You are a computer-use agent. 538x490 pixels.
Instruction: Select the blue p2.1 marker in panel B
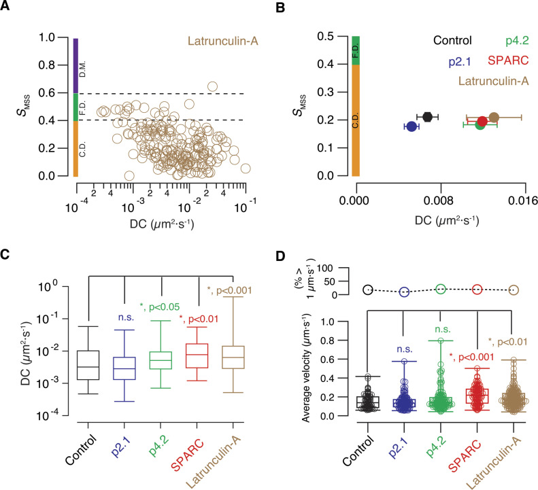point(411,126)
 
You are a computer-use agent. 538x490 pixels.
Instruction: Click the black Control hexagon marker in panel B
point(428,117)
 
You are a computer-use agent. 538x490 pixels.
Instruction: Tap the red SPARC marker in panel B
point(482,122)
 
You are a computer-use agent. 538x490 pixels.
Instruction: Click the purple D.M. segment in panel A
point(77,66)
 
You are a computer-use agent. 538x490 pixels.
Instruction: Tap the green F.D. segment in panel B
point(355,50)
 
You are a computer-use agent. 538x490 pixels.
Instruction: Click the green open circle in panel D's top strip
point(440,289)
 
